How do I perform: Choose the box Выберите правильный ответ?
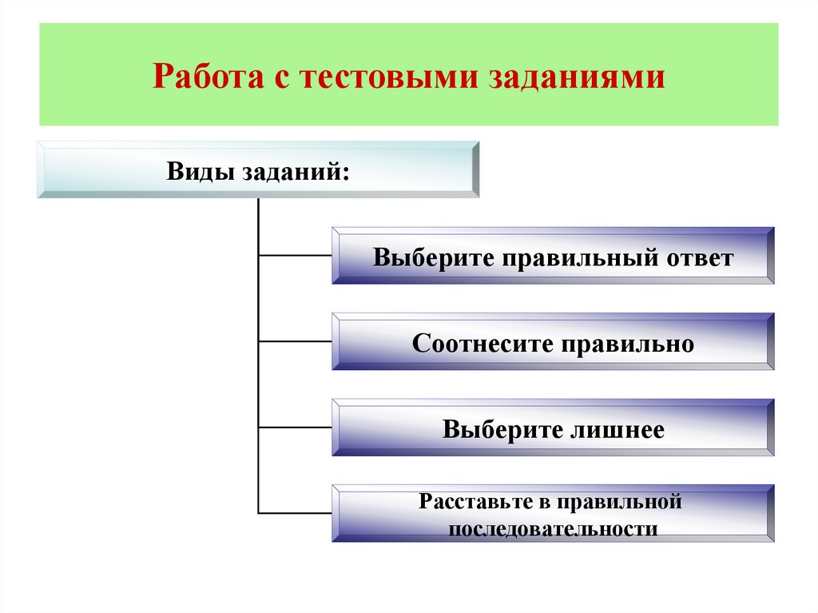pos(553,256)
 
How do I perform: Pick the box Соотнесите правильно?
pos(553,342)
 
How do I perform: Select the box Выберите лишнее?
pos(553,428)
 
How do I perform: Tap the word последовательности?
pos(553,529)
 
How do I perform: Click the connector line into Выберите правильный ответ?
pos(295,256)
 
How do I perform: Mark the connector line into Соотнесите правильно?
pos(295,341)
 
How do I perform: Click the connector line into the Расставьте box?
pos(295,512)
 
